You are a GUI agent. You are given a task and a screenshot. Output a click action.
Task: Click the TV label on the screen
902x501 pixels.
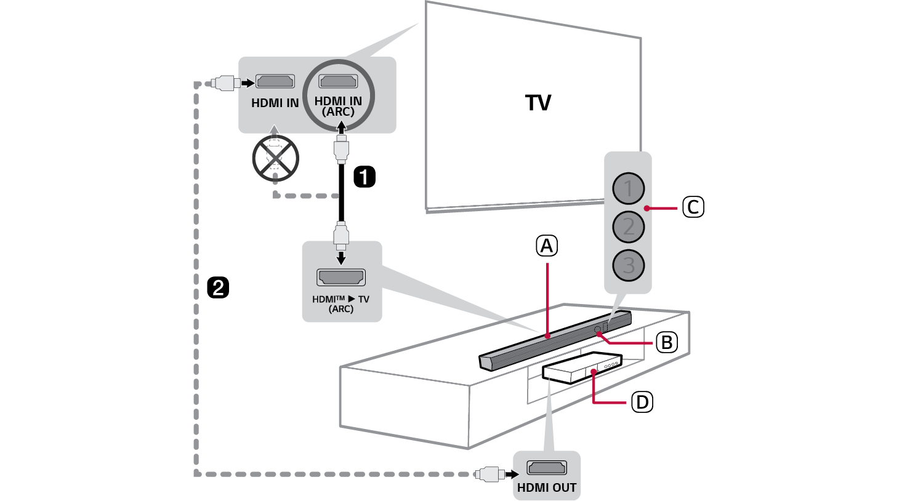(x=538, y=103)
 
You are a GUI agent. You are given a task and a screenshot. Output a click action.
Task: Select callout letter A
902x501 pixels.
(x=547, y=246)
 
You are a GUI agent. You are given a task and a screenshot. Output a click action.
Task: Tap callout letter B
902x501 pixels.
(x=666, y=342)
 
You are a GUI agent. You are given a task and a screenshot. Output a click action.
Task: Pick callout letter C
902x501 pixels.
(x=693, y=207)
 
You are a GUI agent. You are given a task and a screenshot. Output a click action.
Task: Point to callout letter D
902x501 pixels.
(x=642, y=403)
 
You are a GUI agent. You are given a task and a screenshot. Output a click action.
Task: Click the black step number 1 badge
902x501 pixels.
(x=364, y=177)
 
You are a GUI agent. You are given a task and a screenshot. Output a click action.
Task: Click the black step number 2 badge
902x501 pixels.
(x=219, y=287)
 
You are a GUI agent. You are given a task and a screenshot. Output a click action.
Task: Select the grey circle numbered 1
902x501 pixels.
(x=628, y=188)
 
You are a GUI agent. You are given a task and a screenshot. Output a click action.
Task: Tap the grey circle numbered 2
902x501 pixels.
(x=628, y=227)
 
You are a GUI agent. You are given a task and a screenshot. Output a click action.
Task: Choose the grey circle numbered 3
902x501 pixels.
(x=628, y=265)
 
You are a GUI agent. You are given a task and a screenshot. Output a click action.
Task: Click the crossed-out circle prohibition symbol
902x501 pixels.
(x=275, y=159)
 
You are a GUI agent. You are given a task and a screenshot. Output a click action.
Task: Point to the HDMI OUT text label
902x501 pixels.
(x=547, y=487)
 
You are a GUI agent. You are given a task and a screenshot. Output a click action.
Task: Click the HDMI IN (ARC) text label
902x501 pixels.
(x=338, y=106)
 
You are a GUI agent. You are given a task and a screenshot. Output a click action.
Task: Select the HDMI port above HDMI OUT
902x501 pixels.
(x=547, y=468)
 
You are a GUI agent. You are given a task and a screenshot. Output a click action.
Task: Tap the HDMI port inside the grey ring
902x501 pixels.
(x=338, y=81)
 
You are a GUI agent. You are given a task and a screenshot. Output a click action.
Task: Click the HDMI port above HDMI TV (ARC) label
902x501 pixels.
(x=341, y=278)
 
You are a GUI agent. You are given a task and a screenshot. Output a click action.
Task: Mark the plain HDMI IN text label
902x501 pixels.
(x=275, y=103)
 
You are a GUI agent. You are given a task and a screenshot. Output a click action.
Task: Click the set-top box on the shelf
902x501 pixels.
(x=582, y=368)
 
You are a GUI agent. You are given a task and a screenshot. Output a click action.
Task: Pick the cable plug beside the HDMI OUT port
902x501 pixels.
(x=491, y=475)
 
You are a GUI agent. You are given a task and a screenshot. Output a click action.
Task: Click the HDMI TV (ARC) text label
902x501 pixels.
(x=340, y=304)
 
